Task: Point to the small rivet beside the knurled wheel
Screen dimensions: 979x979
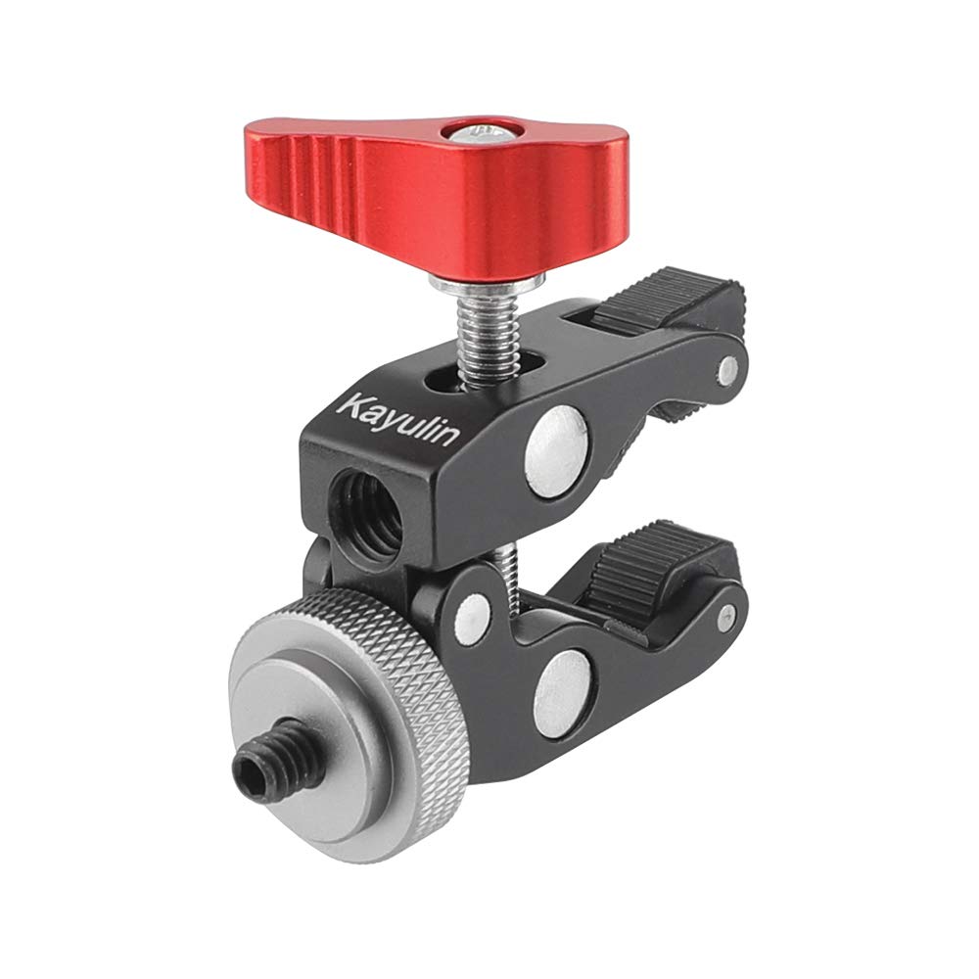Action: pyautogui.click(x=473, y=612)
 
